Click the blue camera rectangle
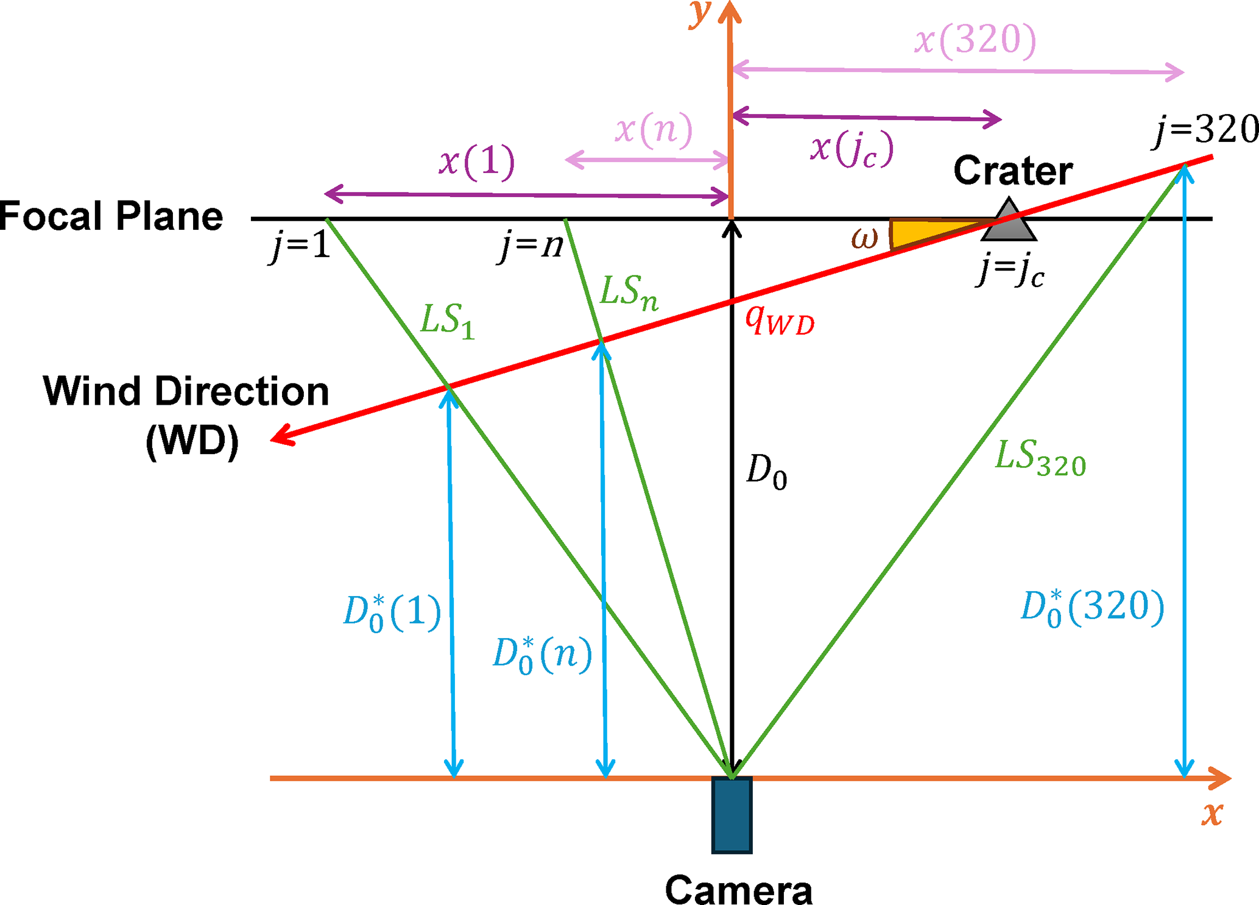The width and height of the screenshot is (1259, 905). coord(732,815)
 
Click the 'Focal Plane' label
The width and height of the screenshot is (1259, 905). coord(111,216)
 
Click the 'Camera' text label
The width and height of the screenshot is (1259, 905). coord(738,890)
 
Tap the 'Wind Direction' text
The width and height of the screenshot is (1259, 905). coord(186,391)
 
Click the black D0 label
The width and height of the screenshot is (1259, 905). coord(766,472)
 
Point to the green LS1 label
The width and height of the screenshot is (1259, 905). coord(448,321)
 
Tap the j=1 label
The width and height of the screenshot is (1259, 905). coord(301,246)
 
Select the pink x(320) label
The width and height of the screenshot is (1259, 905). coord(975,41)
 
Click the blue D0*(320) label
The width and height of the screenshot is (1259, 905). coord(1092,608)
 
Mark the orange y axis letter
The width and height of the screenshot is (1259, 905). coord(701,13)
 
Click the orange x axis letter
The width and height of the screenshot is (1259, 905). coord(1212,814)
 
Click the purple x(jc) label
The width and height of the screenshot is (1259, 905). coord(852,149)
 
